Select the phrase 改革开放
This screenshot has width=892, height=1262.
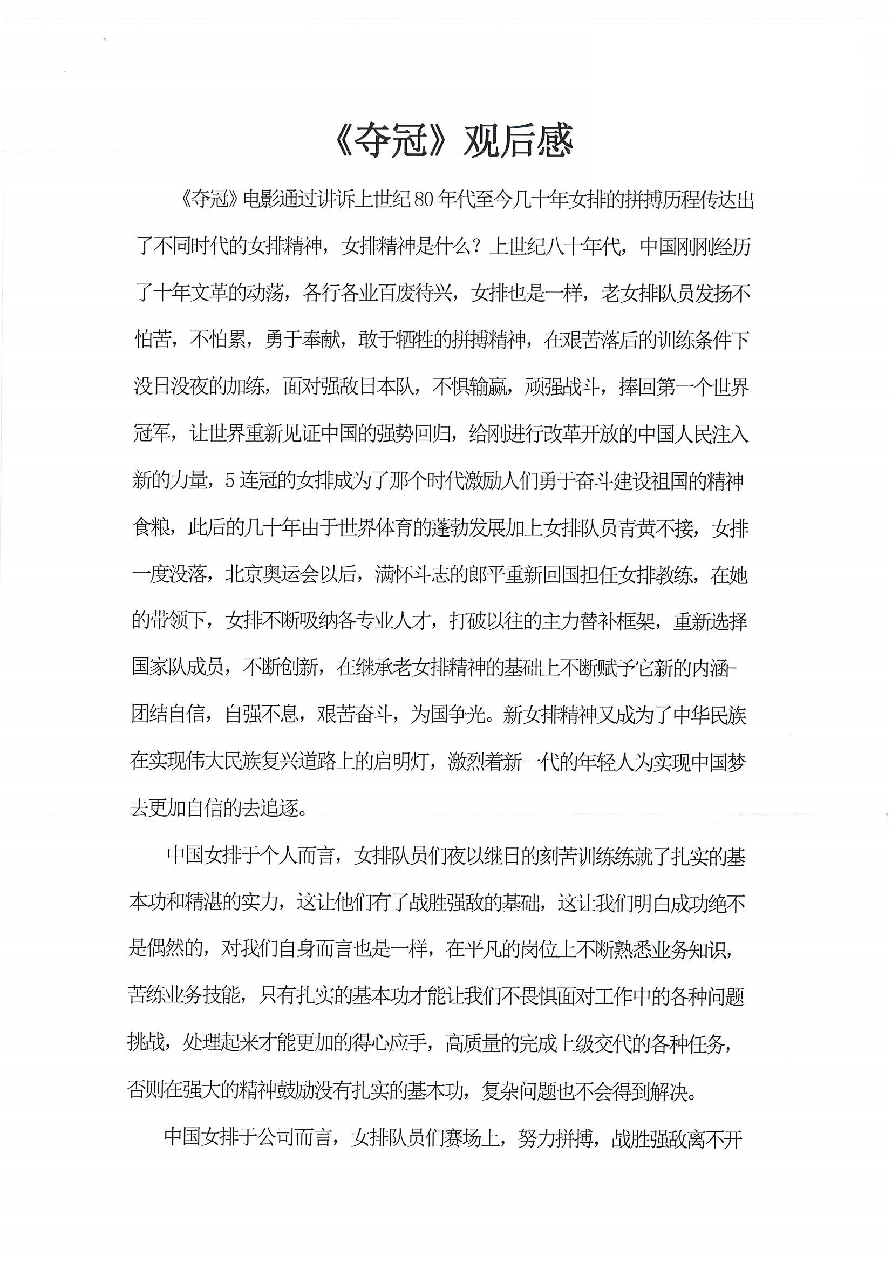click(x=589, y=435)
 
